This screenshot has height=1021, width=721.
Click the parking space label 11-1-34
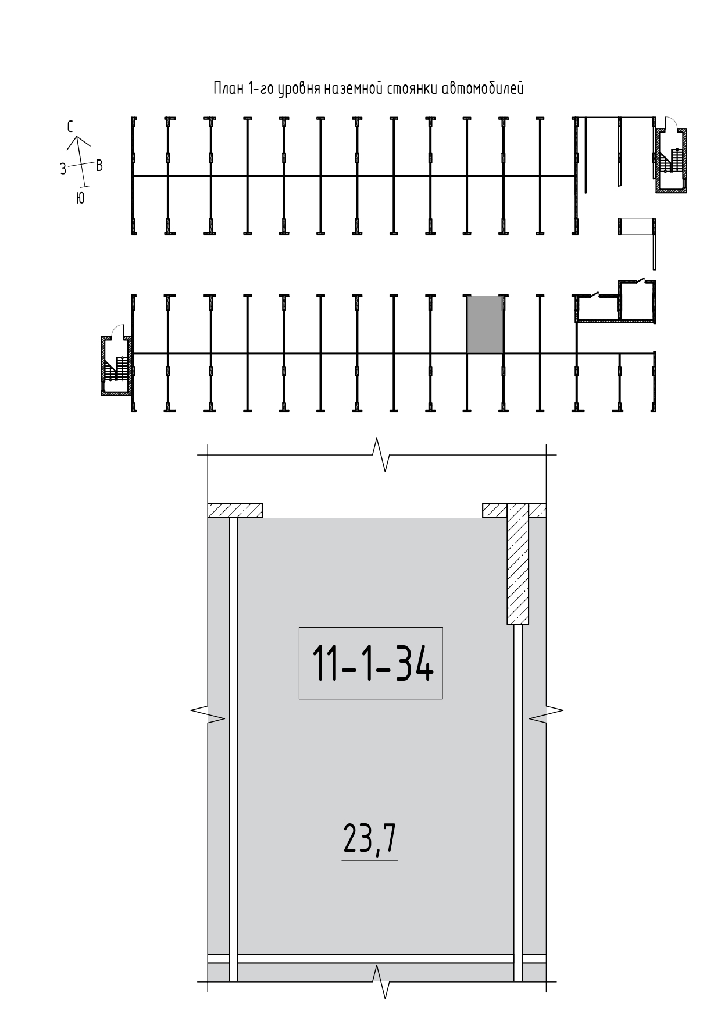tap(372, 663)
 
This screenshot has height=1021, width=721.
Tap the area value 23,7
tap(370, 838)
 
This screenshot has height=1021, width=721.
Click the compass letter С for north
tap(71, 127)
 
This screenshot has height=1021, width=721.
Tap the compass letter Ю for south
tap(80, 198)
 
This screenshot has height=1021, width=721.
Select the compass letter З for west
tap(63, 169)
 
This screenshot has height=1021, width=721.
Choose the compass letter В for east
tap(99, 166)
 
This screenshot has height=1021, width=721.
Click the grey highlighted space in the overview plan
tap(485, 324)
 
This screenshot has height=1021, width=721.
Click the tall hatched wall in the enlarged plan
tap(518, 564)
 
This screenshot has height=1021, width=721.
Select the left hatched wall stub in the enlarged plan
tap(235, 510)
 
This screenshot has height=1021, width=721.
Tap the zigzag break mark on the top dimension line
tap(378, 454)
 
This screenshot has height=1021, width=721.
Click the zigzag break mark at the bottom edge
tap(378, 981)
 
